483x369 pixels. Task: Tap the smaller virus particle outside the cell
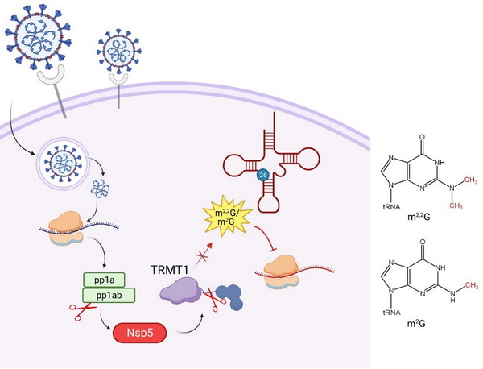coord(119,50)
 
